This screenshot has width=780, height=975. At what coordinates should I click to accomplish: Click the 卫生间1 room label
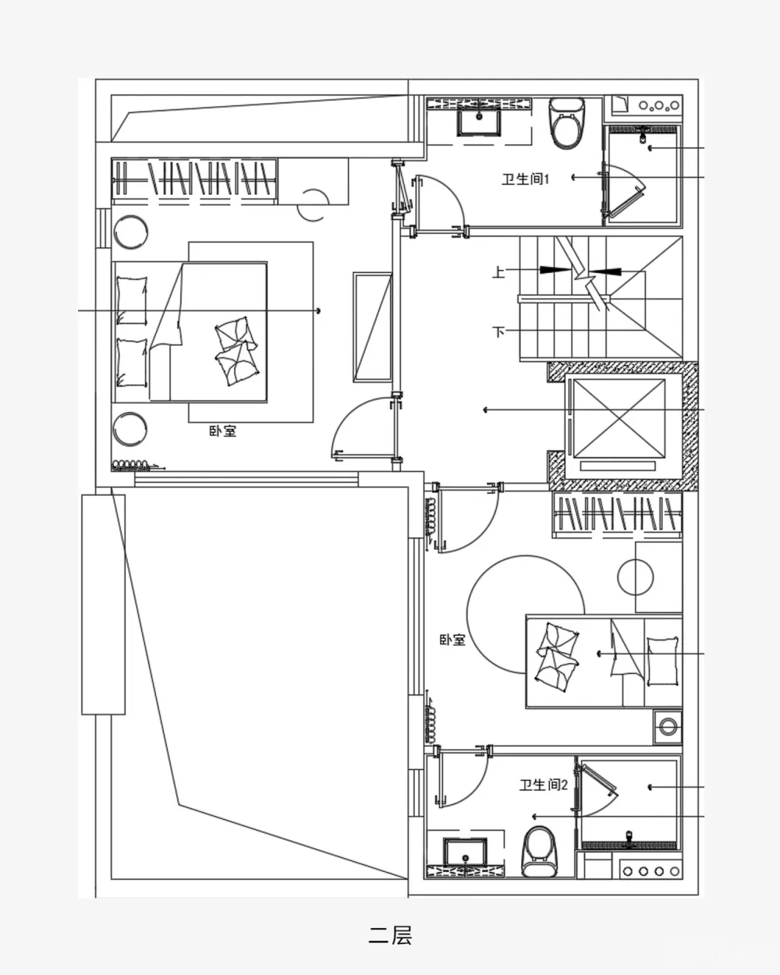(x=525, y=179)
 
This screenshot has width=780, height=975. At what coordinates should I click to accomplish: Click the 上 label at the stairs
(x=498, y=271)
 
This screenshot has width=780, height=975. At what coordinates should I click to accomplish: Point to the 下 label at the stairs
(x=498, y=331)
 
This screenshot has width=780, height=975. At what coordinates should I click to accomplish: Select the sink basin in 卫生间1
(x=479, y=122)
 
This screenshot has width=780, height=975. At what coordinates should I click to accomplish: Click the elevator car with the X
(x=619, y=419)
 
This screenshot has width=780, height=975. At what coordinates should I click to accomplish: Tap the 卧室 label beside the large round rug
(x=452, y=640)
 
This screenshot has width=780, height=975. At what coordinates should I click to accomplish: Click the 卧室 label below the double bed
(x=222, y=431)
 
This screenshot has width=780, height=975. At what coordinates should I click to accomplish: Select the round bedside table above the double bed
(x=130, y=232)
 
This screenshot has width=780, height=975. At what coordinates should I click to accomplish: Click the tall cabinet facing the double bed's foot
(x=373, y=327)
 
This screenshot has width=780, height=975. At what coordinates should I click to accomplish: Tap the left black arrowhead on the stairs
(x=555, y=270)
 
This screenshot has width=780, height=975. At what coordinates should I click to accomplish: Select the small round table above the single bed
(x=636, y=577)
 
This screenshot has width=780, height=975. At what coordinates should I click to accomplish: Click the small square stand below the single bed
(x=668, y=726)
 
